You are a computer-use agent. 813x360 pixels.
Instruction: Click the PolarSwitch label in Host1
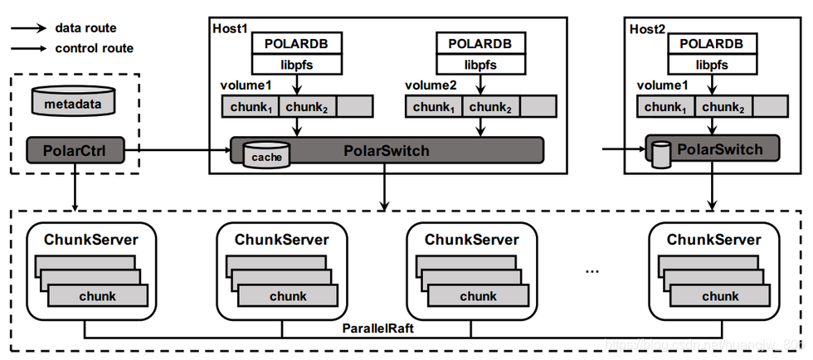pos(387,151)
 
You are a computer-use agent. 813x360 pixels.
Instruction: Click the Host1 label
pos(230,28)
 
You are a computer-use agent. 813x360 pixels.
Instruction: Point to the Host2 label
pos(648,28)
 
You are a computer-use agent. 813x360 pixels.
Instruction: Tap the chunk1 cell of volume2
pos(434,107)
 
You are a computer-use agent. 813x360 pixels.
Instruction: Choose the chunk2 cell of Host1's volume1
pos(307,107)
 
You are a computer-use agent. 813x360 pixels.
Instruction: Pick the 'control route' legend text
pos(94,48)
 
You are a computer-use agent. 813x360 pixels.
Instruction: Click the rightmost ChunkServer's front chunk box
pos(720,296)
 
